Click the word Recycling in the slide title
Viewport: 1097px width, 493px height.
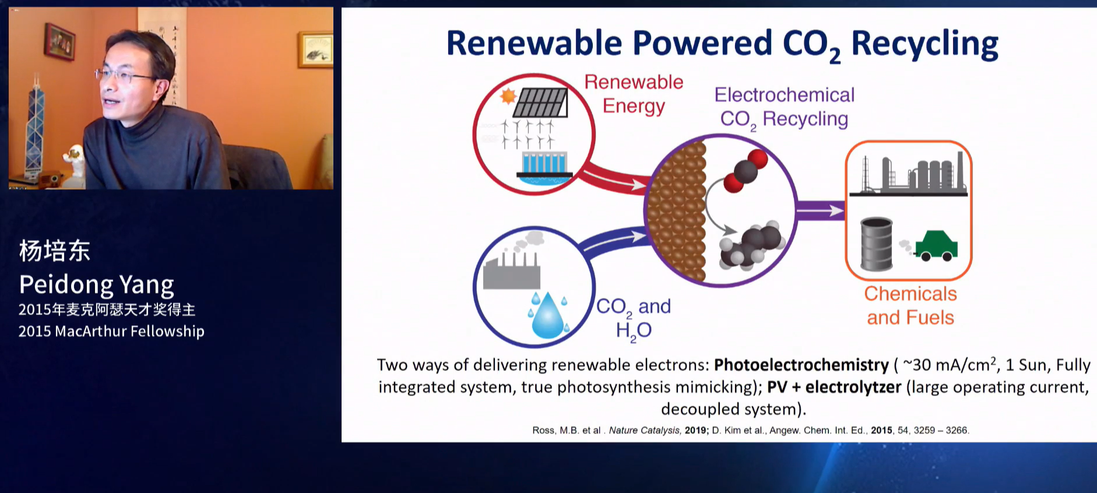(x=924, y=44)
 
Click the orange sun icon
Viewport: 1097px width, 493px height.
(x=508, y=96)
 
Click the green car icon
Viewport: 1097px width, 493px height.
(x=937, y=245)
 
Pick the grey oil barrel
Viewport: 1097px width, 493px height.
(x=877, y=244)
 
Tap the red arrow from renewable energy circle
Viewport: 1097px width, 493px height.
(x=614, y=178)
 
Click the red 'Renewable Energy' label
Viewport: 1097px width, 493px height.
(x=634, y=94)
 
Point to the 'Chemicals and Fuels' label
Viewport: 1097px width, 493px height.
(x=910, y=305)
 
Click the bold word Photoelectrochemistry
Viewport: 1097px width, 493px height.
(x=801, y=365)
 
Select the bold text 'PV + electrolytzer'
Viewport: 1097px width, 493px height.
(x=834, y=387)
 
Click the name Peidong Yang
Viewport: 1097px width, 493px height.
(x=97, y=285)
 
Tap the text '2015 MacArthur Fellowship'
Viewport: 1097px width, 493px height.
(x=111, y=331)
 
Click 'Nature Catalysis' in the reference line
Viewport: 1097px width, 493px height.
(x=644, y=430)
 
